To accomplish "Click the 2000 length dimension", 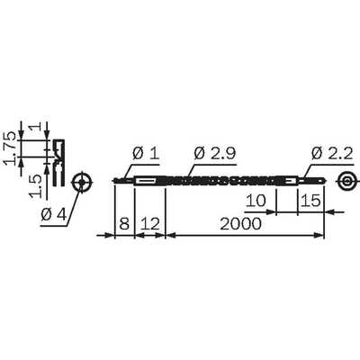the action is click(241, 224).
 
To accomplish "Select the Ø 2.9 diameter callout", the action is click(215, 154).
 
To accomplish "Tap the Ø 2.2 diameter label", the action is click(332, 154).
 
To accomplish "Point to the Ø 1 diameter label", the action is click(146, 154).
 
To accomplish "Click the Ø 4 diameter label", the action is click(53, 214).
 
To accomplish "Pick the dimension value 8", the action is click(124, 224).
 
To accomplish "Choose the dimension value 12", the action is click(150, 224).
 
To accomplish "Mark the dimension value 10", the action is click(256, 201).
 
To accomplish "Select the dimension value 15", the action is click(310, 201).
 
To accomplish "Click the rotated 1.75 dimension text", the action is click(10, 148).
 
